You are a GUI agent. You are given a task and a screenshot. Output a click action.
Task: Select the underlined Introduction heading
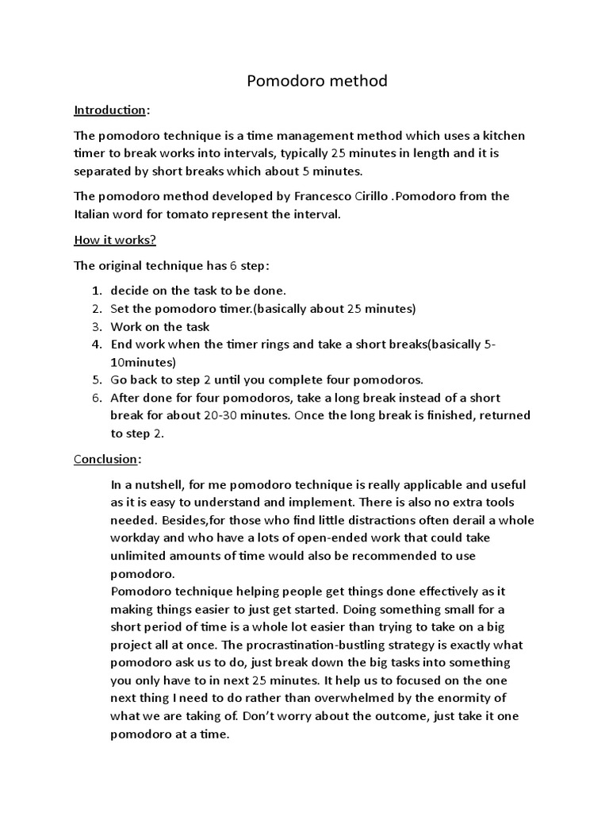(109, 110)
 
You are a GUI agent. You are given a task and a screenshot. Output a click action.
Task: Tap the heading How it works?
(114, 240)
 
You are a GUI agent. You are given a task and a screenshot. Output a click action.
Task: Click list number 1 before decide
(95, 290)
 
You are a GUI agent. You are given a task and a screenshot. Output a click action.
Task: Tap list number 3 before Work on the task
(95, 326)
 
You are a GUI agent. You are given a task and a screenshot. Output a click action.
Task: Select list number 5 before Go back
(95, 380)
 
